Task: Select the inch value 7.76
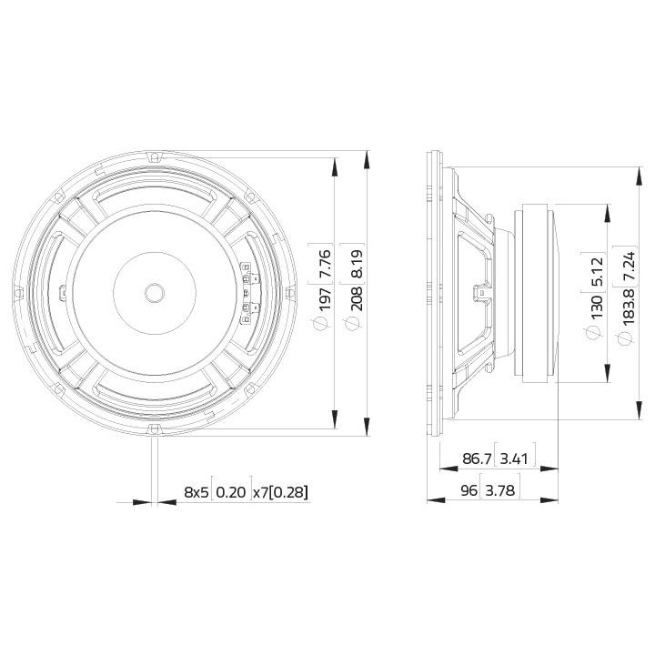pyautogui.click(x=319, y=260)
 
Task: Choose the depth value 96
pyautogui.click(x=468, y=492)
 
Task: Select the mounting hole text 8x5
pyautogui.click(x=196, y=493)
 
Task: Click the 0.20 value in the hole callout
pyautogui.click(x=231, y=493)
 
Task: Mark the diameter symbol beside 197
pyautogui.click(x=319, y=323)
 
